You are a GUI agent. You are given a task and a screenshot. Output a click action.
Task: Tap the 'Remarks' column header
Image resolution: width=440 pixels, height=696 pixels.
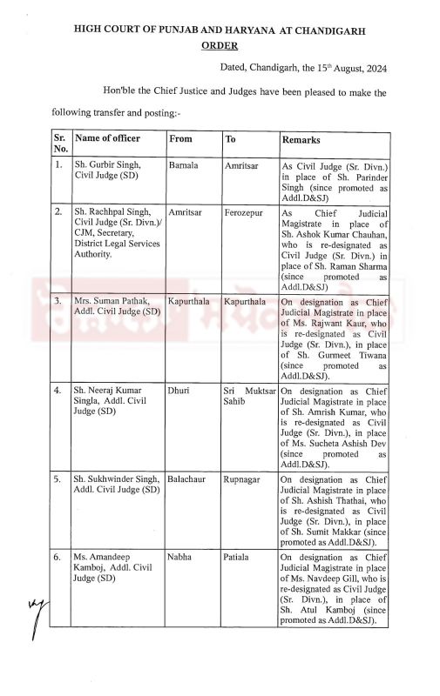301,139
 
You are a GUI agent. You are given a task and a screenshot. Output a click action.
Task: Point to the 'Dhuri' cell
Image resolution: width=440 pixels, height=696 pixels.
179,391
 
